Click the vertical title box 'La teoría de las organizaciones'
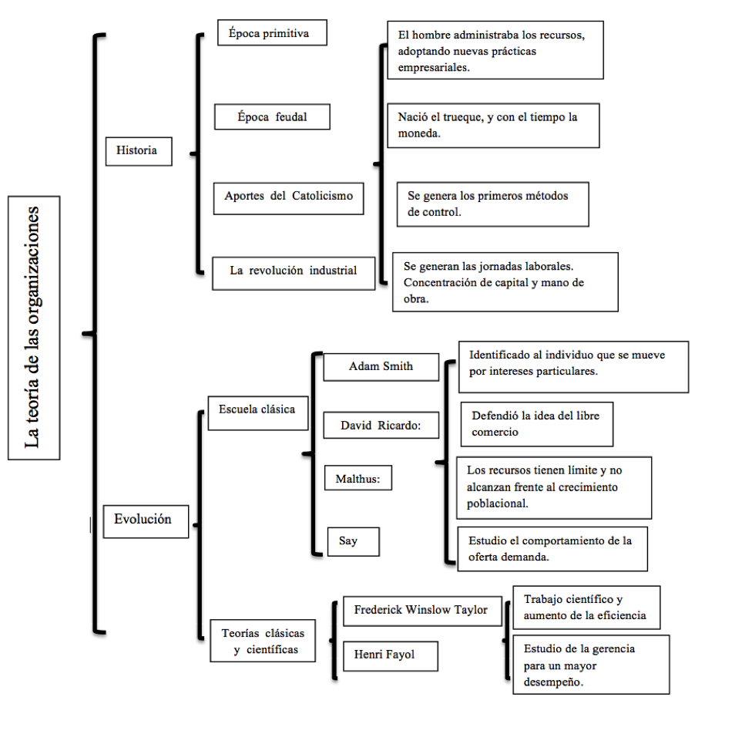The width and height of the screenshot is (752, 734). [x=34, y=328]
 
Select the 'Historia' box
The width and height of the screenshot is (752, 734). [x=139, y=151]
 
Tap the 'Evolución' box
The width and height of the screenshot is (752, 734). [x=146, y=521]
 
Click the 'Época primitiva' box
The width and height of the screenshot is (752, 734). [x=272, y=32]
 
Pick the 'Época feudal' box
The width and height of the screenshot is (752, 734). [x=272, y=116]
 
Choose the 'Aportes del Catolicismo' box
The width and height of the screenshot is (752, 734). [x=288, y=198]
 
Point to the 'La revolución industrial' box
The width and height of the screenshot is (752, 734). [x=294, y=273]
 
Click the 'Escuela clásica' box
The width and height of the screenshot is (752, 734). [x=258, y=412]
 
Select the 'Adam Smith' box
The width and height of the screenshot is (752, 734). [x=381, y=367]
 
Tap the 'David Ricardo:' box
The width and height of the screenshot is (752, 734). [x=381, y=425]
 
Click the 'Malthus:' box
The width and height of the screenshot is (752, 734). [x=358, y=478]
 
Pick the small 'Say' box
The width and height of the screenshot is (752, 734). [x=354, y=541]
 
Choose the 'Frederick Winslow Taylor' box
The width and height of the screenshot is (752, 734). [x=422, y=611]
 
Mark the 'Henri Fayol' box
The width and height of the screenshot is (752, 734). [x=391, y=656]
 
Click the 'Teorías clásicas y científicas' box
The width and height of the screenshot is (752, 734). [x=263, y=641]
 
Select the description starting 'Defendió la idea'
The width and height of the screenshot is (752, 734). [x=537, y=424]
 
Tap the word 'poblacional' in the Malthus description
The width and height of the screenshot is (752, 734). [x=497, y=503]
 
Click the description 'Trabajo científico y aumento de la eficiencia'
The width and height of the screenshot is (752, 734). [x=586, y=608]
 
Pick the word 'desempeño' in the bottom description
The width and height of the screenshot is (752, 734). [x=553, y=682]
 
